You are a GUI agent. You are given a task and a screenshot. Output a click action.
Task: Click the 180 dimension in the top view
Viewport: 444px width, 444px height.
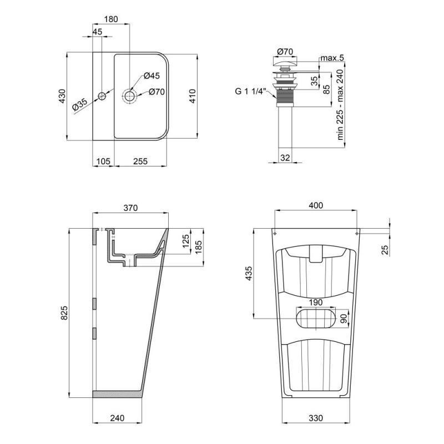(x=111, y=19)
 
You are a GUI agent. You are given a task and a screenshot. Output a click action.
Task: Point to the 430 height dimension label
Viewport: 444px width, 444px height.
(x=62, y=97)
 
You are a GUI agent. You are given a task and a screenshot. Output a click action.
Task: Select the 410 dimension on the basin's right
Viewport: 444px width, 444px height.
(x=206, y=97)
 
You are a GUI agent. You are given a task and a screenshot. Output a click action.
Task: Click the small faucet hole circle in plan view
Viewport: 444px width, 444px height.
(x=102, y=97)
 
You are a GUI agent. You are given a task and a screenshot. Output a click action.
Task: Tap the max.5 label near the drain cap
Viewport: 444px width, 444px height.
(x=332, y=58)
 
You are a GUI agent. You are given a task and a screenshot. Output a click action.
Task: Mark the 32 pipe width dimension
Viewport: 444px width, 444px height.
(x=285, y=158)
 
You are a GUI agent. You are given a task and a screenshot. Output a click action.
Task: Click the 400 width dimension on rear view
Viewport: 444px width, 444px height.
(x=315, y=206)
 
